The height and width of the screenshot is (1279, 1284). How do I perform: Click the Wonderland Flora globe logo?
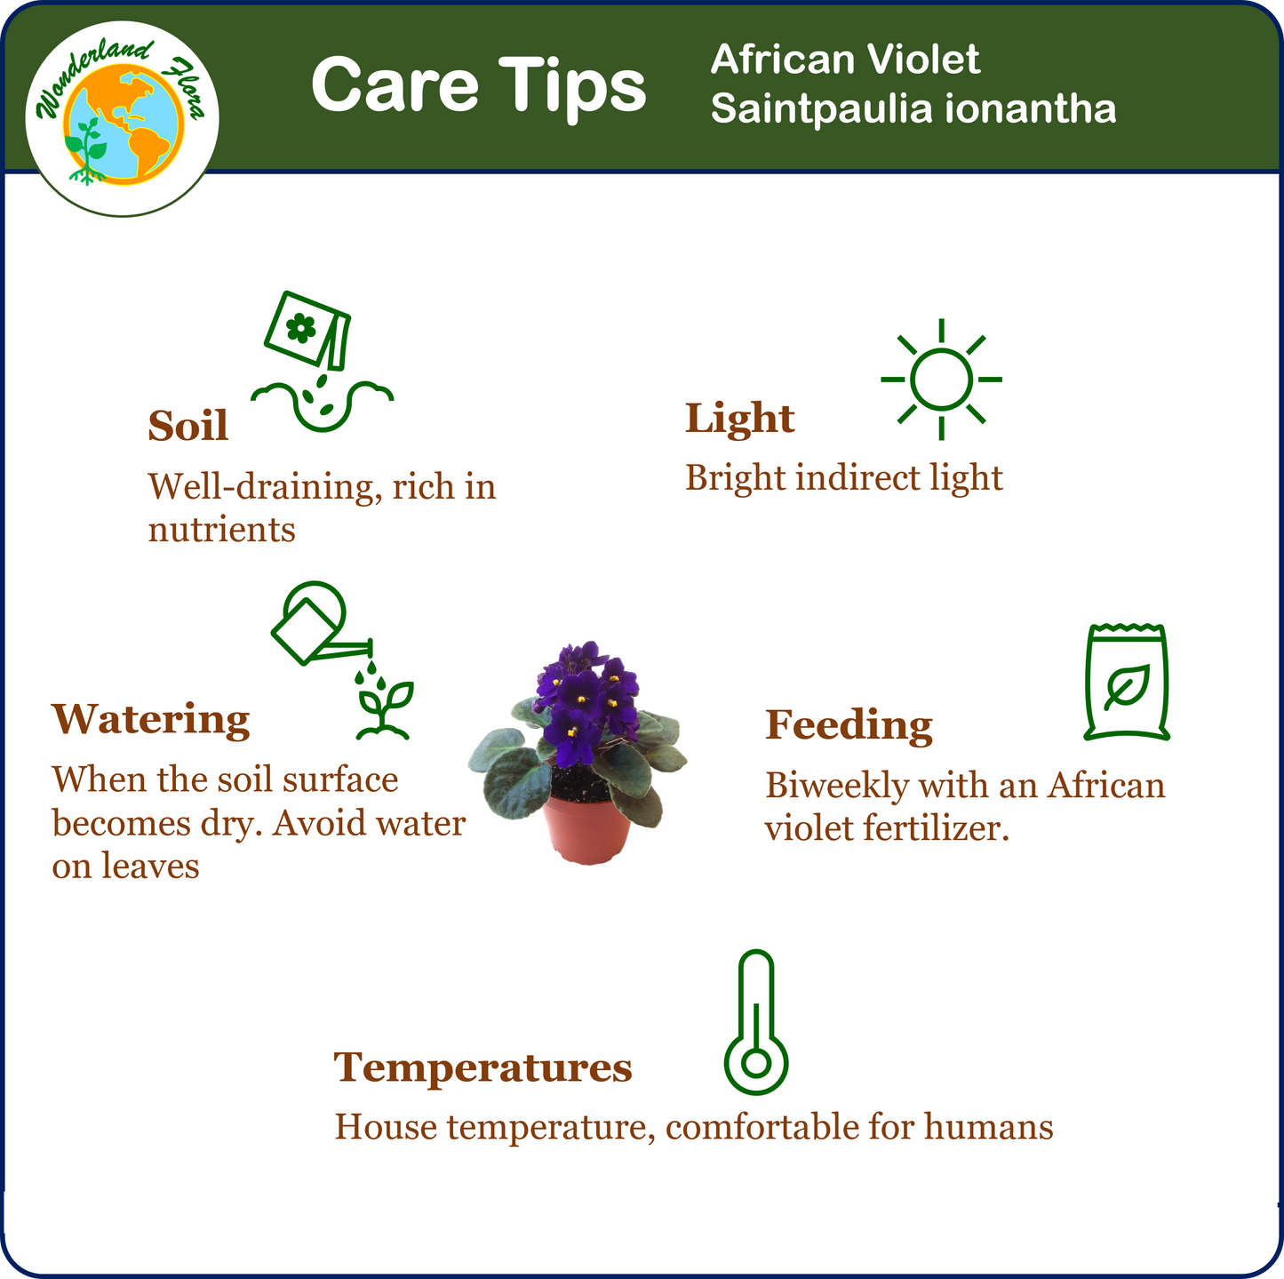coord(122,118)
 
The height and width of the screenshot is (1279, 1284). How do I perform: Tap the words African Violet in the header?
coord(845,60)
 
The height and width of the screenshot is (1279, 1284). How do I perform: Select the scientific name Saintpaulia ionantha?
coord(913,108)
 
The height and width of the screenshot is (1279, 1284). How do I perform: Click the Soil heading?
coord(187,425)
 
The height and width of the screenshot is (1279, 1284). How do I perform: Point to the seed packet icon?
coord(307,330)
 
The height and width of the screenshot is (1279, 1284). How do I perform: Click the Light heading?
coord(739,420)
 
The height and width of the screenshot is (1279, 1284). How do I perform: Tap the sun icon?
coord(941,380)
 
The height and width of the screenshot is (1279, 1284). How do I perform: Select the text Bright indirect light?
coord(843,478)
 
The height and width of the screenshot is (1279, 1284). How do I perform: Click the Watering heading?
coord(150,721)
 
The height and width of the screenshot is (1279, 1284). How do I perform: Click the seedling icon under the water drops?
coord(384,710)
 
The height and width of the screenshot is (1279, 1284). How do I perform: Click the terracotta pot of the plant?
coord(587,830)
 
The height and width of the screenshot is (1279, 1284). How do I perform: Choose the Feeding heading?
coord(849,726)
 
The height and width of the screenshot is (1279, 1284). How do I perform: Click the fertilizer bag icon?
coord(1127,682)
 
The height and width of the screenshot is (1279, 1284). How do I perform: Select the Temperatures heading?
coord(482,1067)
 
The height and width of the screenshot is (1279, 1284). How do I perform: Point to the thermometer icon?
coord(755,1022)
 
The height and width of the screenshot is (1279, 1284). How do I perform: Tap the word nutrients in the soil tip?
coord(221,531)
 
